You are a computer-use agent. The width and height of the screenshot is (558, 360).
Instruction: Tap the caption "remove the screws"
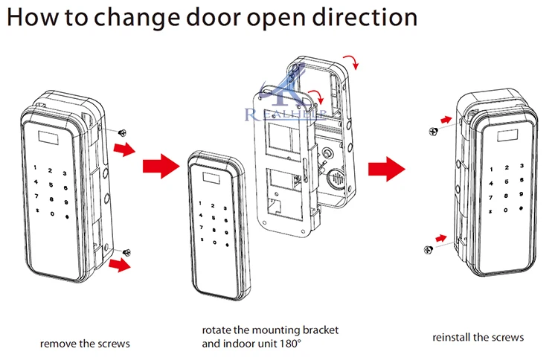[x=85, y=344]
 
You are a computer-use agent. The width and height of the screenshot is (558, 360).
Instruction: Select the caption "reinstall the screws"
[x=478, y=337]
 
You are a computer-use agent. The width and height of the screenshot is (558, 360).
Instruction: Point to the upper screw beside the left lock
[x=123, y=132]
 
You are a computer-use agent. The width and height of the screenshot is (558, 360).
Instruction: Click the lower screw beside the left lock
[x=126, y=253]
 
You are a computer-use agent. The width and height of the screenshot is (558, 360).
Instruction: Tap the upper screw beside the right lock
[x=433, y=132]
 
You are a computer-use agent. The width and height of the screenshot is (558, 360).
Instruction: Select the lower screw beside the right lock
[x=429, y=250]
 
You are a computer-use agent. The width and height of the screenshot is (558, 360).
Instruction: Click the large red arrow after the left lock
[x=161, y=166]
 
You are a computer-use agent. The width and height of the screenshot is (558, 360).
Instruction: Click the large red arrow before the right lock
[x=386, y=169]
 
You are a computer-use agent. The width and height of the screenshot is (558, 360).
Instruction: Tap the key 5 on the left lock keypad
[x=51, y=185]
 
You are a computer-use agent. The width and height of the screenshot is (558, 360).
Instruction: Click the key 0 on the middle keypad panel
[x=214, y=242]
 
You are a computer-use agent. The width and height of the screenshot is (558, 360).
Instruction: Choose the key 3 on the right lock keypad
[x=522, y=166]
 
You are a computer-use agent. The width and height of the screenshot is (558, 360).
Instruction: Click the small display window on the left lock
[x=48, y=138]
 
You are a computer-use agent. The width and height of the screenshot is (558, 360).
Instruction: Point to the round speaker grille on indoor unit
[x=336, y=179]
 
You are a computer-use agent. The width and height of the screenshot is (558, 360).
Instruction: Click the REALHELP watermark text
[x=286, y=115]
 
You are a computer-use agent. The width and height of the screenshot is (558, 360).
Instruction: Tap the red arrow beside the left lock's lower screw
[x=120, y=265]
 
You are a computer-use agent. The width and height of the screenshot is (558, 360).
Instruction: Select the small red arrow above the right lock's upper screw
[x=446, y=120]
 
